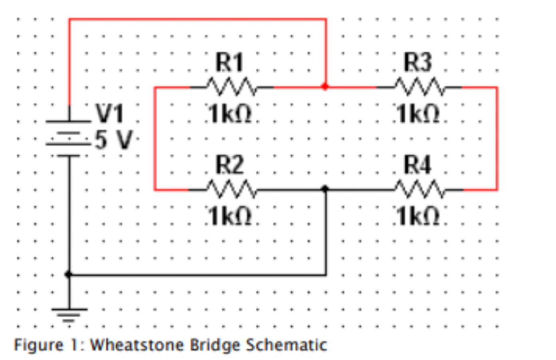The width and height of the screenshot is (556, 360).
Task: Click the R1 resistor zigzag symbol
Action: [x=232, y=87]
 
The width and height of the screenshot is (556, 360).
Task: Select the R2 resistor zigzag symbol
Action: [x=232, y=189]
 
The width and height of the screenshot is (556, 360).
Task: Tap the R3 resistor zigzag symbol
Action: [x=419, y=87]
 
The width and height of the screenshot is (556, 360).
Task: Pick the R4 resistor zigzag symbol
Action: [x=419, y=189]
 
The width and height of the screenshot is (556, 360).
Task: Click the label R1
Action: [x=230, y=63]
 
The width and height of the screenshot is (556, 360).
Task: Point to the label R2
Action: [x=230, y=165]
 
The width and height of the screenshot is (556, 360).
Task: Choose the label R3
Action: [x=418, y=63]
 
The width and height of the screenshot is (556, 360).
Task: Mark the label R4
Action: [x=418, y=165]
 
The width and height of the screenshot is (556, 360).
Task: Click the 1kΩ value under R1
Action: [x=230, y=114]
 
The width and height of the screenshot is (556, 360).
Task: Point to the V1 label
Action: [x=110, y=114]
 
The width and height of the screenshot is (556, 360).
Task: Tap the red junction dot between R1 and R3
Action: [x=326, y=87]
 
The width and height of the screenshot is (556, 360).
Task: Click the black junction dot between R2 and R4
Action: [x=326, y=189]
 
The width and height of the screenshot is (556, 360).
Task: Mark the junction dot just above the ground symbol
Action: [x=69, y=275]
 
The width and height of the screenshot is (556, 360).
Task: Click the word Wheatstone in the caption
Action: [x=138, y=345]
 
